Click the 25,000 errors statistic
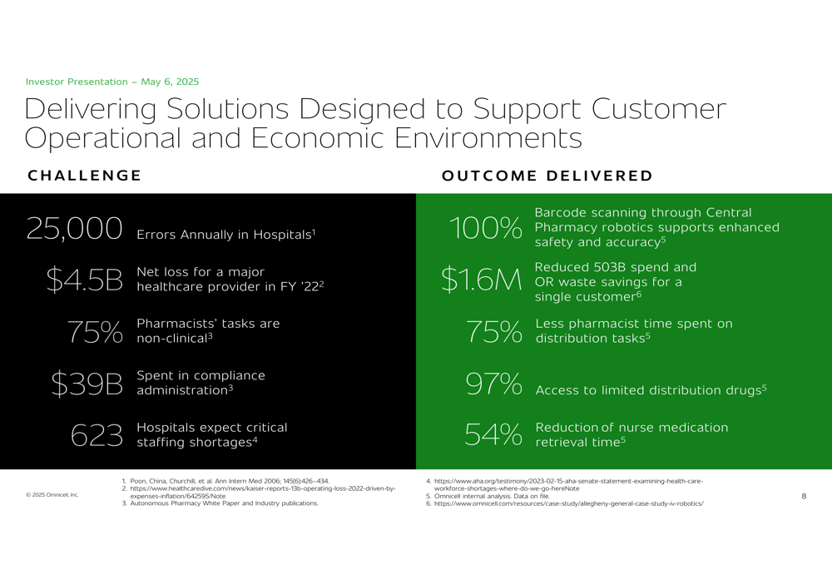pos(74,229)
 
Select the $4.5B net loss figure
pos(84,280)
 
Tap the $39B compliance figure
pos(87,384)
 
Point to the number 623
pos(97,435)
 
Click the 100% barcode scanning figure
pos(486,228)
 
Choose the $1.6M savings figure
pos(481,280)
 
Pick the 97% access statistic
pos(493,383)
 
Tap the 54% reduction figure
pos(493,434)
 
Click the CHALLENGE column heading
pos(84,176)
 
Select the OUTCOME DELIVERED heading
pos(547,176)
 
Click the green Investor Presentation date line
pos(112,82)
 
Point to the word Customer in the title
pos(658,109)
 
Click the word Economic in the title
pos(317,138)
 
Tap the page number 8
pos(804,496)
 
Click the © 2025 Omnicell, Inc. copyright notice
pos(52,495)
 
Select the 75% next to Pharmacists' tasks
pos(95,332)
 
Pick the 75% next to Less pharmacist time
pos(494,332)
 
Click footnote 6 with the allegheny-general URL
pos(565,503)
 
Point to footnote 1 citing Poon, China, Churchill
pos(225,481)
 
